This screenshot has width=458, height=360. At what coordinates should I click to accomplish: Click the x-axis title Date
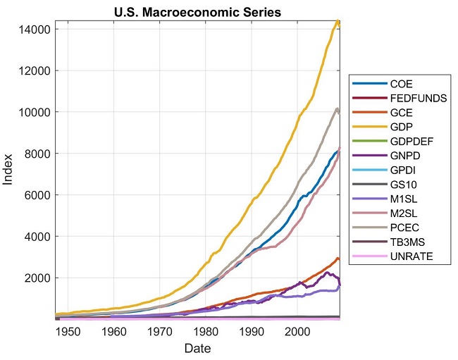tap(197, 348)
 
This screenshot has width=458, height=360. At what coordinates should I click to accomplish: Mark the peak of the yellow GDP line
tap(338, 22)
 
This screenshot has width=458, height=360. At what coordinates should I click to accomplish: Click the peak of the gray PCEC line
tap(338, 108)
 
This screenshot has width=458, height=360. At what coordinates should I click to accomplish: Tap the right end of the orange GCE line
tap(340, 260)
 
